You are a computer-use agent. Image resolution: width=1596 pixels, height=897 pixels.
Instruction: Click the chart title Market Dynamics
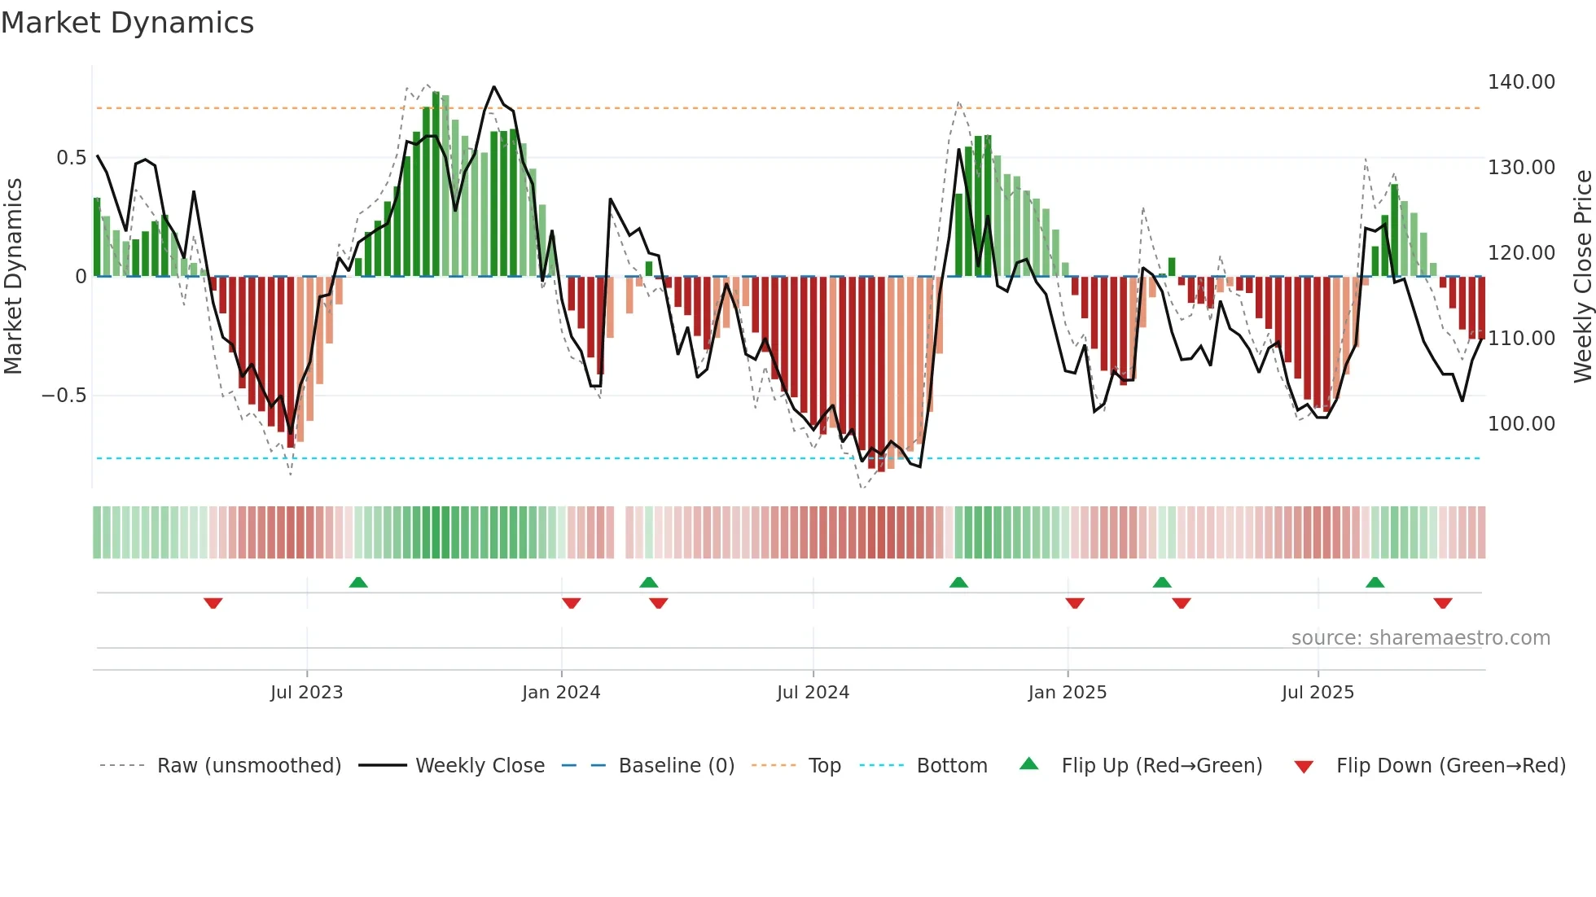click(127, 23)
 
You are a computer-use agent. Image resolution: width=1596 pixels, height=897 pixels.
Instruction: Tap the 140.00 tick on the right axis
click(1520, 82)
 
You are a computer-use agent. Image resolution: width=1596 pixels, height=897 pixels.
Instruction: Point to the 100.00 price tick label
click(1520, 424)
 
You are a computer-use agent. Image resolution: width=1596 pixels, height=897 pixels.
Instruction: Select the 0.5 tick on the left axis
click(71, 158)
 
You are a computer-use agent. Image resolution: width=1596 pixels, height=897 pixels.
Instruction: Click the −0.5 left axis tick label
click(64, 396)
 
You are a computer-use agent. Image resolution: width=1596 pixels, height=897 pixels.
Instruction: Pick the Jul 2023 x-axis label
click(306, 693)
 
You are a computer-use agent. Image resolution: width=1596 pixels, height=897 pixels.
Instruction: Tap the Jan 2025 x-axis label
click(1067, 693)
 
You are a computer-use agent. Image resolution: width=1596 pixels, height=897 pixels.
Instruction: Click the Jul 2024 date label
click(813, 693)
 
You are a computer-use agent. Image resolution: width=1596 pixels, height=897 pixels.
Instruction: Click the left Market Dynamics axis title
click(13, 277)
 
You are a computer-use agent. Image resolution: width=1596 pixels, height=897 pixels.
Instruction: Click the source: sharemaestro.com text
click(1420, 638)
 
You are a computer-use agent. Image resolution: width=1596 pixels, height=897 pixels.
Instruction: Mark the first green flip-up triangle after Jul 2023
click(358, 582)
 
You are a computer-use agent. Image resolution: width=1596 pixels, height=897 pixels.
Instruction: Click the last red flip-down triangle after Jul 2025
click(1442, 603)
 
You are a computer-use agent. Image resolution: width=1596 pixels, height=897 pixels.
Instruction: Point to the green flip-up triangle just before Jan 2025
click(958, 582)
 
